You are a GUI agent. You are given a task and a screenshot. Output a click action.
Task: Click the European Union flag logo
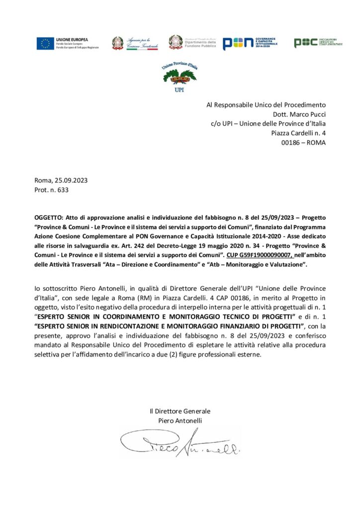[45, 43]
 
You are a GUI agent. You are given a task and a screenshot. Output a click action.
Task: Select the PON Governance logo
[250, 43]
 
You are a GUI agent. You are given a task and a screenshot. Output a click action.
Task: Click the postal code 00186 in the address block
[291, 142]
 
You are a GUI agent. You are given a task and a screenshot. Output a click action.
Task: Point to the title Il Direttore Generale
[180, 411]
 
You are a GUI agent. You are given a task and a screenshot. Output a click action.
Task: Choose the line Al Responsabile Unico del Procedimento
[266, 104]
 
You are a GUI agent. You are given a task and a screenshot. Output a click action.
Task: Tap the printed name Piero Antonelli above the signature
[180, 421]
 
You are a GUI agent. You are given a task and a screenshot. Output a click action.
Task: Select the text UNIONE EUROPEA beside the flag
[72, 39]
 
